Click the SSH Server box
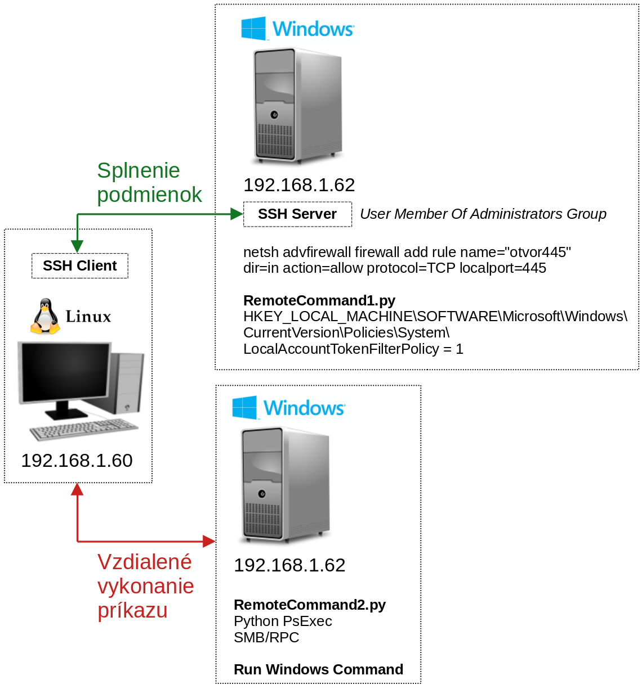[297, 214]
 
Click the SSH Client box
[80, 266]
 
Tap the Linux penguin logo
[45, 316]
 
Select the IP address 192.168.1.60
[77, 461]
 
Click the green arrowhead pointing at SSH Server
[237, 214]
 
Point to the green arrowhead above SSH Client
[77, 246]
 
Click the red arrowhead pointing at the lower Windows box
[209, 542]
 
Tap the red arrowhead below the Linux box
[77, 490]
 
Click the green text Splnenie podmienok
[149, 182]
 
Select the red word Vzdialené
[144, 562]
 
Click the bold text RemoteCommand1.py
[319, 300]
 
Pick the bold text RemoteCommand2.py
[310, 605]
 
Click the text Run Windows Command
[318, 669]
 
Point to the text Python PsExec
[283, 621]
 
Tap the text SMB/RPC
[266, 637]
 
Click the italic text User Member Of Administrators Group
[483, 214]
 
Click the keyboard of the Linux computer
[83, 430]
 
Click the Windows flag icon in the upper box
[253, 28]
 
